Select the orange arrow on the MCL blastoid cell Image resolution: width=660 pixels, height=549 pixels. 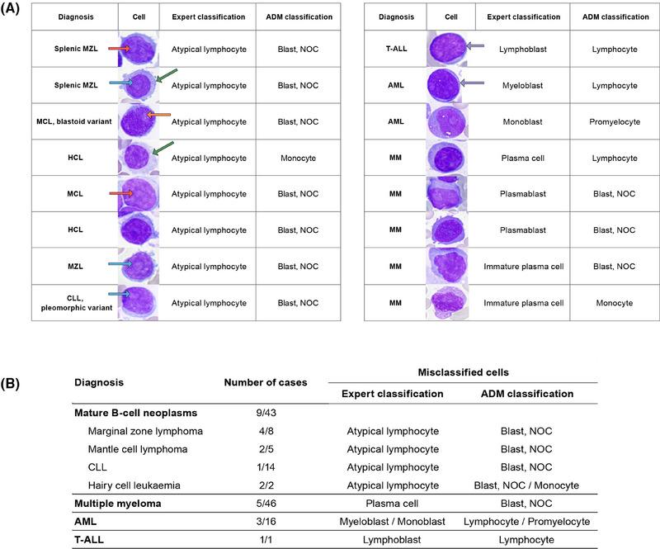[158, 116]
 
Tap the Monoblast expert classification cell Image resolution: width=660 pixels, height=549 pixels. [521, 121]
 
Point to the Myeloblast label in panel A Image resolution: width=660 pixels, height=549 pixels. [521, 84]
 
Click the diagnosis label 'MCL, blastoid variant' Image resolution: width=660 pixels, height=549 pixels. [74, 121]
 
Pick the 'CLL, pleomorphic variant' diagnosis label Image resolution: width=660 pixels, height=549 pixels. [74, 303]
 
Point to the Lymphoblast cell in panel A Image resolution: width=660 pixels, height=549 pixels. [521, 50]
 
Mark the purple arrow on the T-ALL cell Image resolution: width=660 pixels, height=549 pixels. [474, 47]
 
